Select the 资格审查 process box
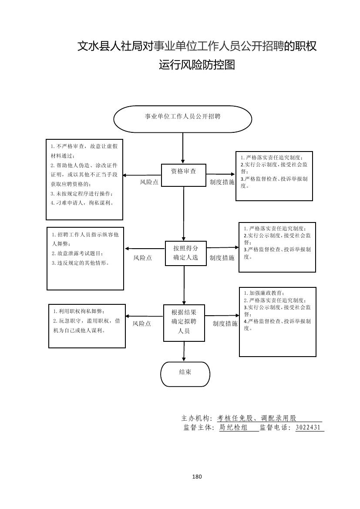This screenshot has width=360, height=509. click(183, 175)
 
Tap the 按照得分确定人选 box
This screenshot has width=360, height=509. click(185, 253)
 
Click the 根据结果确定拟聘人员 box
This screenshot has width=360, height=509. click(184, 323)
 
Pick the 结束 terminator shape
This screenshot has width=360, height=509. click(185, 374)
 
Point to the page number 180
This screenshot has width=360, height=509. click(197, 476)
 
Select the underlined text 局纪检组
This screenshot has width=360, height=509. click(232, 428)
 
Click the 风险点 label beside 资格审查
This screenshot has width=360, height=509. click(149, 182)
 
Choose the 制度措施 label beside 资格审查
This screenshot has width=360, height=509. click(222, 182)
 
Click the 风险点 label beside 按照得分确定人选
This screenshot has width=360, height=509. click(142, 258)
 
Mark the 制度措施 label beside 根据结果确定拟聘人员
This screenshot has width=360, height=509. click(225, 324)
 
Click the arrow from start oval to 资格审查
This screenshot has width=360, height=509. click(183, 148)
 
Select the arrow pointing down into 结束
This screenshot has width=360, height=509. click(184, 351)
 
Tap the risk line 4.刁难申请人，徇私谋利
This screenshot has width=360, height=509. click(82, 203)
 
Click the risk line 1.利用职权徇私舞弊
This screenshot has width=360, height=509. click(79, 311)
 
